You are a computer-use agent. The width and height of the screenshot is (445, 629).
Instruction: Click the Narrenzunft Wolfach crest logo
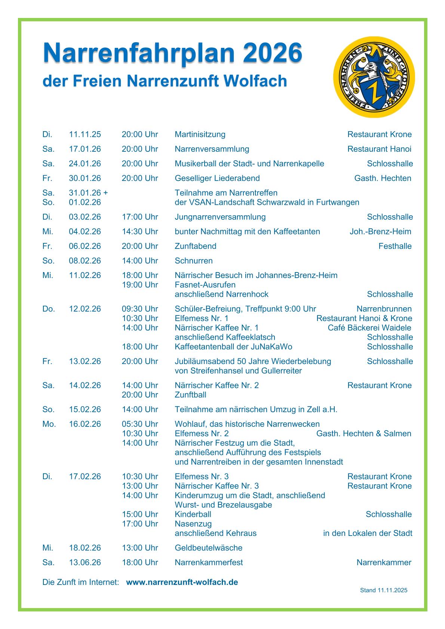point(374,77)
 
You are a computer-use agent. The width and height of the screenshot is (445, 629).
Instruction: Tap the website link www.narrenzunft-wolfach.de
point(182,582)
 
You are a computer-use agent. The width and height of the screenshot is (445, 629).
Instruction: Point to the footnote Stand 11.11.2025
point(383,591)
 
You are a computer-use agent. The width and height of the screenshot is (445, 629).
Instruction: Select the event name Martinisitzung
point(200,135)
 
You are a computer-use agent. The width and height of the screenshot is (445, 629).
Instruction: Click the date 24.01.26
point(85,164)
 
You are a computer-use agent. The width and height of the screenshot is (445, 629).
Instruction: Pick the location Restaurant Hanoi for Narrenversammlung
point(379,149)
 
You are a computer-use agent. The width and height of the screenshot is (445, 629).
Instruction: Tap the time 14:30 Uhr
point(140,232)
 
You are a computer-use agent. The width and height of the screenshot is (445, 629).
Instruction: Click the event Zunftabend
point(196,246)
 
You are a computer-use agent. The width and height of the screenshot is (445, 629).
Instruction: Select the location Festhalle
point(395,246)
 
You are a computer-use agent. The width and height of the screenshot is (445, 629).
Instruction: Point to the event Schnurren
point(194,261)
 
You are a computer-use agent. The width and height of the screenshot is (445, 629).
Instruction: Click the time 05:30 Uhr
point(140,424)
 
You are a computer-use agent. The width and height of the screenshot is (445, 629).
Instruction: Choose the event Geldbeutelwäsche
point(209,548)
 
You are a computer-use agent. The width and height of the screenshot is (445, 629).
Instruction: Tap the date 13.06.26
point(85,562)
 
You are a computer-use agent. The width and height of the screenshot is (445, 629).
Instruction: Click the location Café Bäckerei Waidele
point(369,328)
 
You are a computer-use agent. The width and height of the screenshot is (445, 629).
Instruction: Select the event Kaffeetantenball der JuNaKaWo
point(233,347)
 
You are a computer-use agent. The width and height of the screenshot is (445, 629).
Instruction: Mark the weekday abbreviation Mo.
point(49,424)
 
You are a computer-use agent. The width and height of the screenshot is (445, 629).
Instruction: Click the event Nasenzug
point(193,524)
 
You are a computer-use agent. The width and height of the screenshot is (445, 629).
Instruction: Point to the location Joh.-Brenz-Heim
point(380,232)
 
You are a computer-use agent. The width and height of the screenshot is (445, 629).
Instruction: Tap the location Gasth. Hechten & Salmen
point(363,434)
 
